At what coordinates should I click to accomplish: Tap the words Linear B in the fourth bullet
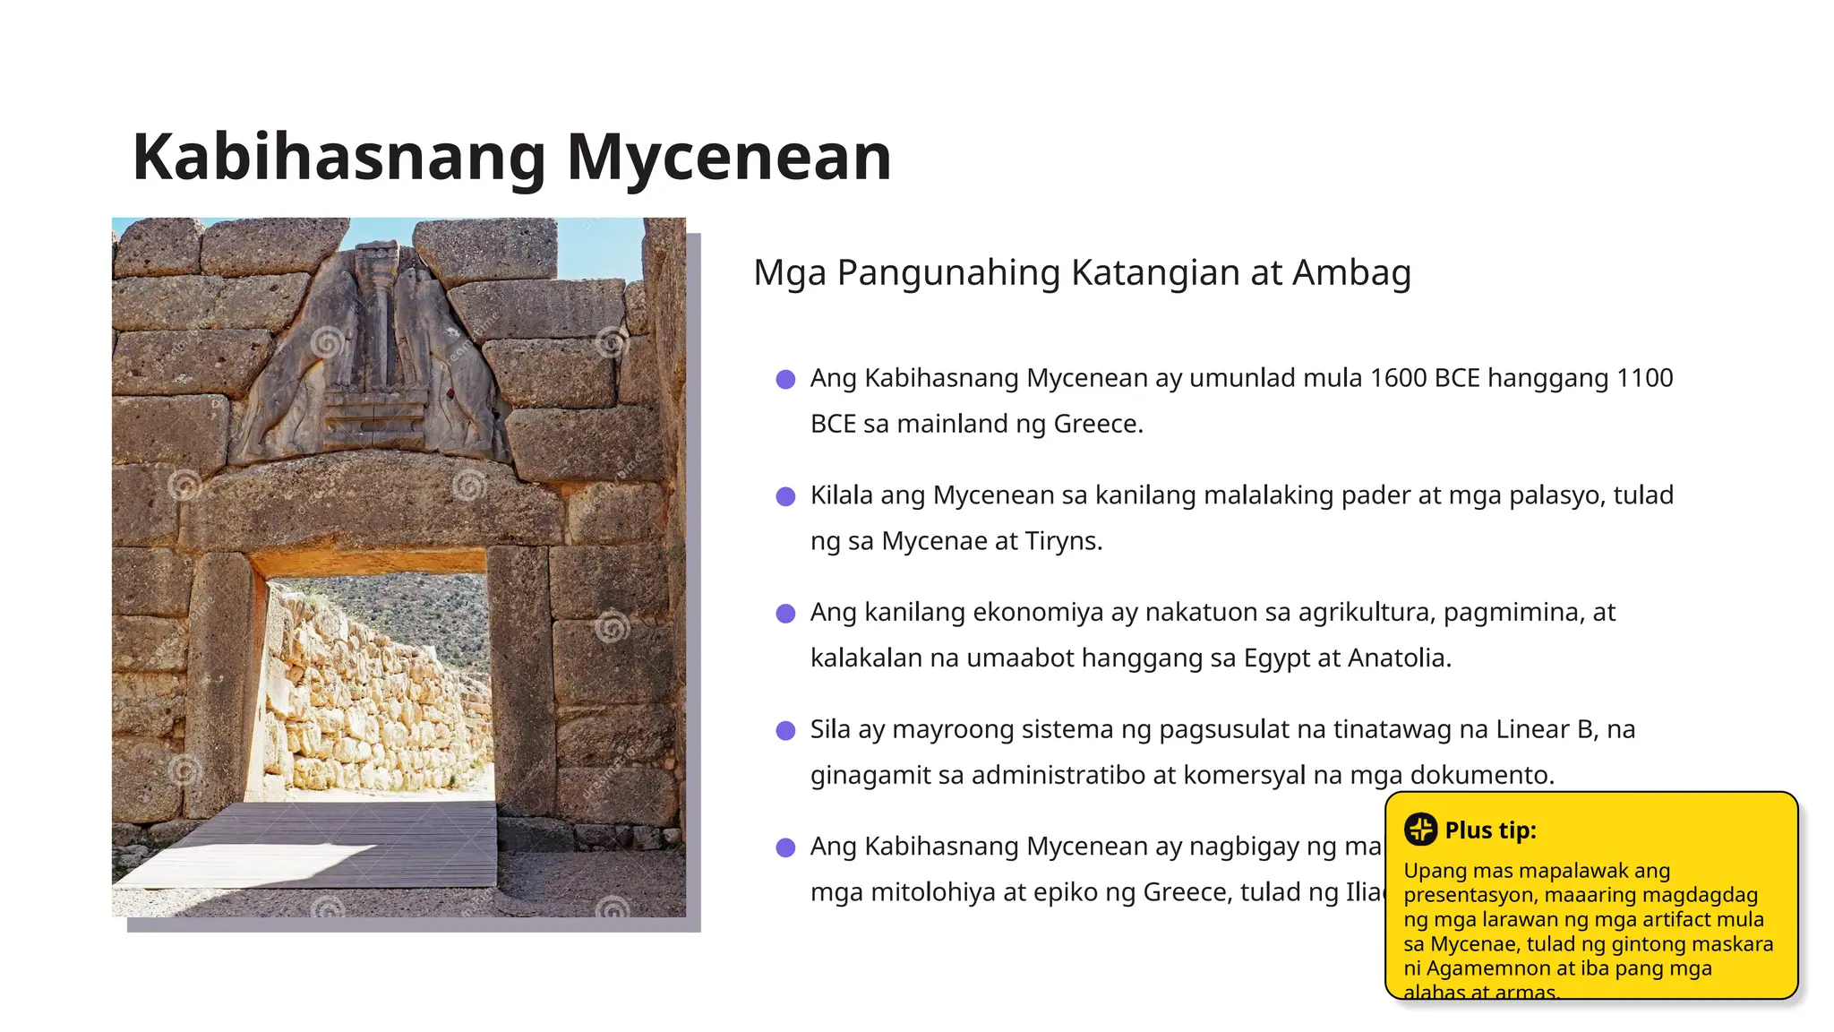point(1546,729)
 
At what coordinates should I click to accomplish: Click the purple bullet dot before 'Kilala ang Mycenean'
point(785,496)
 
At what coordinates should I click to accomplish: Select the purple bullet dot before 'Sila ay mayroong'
point(785,730)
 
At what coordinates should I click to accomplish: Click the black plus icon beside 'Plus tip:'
point(1420,830)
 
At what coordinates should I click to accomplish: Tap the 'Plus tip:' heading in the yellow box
point(1490,830)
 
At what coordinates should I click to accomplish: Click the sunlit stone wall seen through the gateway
point(376,708)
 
